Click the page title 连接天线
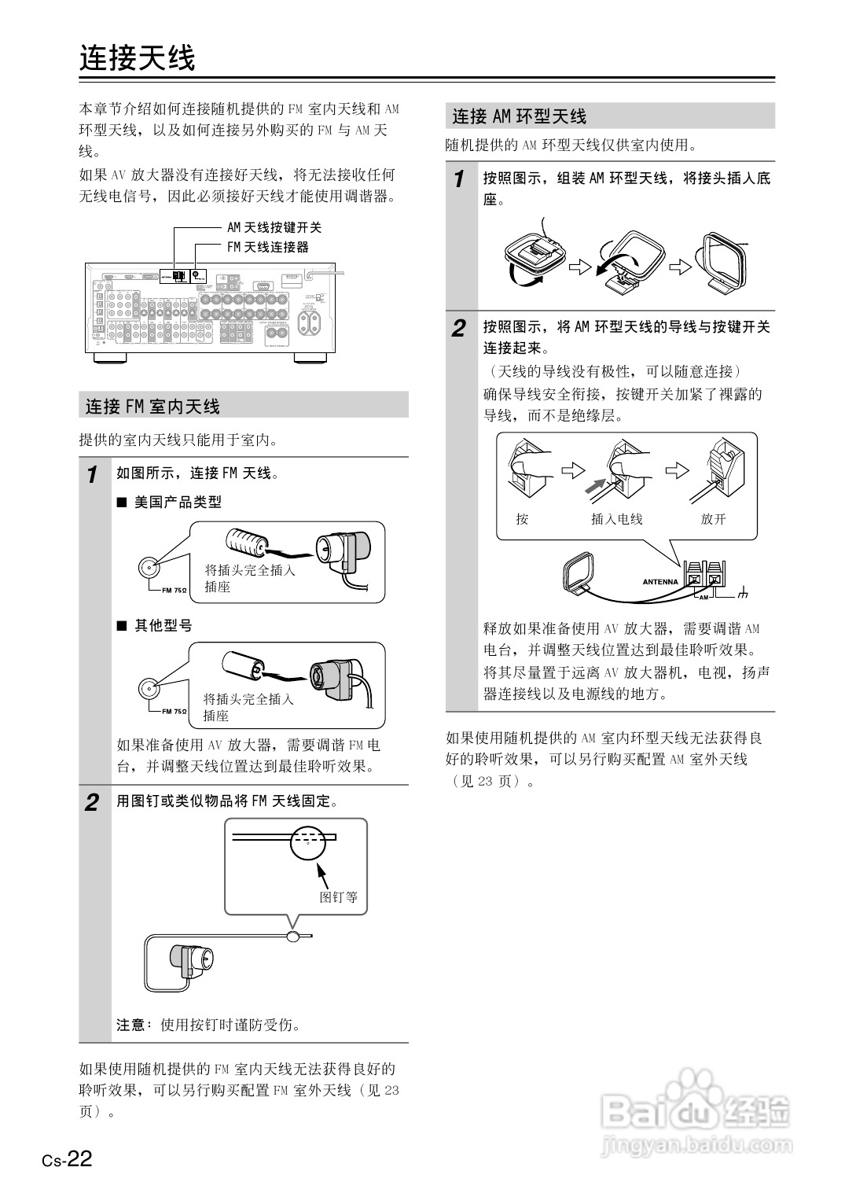click(x=137, y=57)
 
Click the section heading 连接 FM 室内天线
click(x=152, y=407)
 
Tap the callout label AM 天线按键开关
click(x=274, y=227)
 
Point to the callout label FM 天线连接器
click(x=268, y=247)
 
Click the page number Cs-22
click(x=68, y=1159)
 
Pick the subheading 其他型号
click(x=163, y=626)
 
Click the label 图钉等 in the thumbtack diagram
click(x=338, y=897)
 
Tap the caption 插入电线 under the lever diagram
click(x=617, y=519)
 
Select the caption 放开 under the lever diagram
click(x=713, y=519)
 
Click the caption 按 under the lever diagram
click(x=522, y=519)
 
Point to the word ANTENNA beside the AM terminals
click(x=660, y=582)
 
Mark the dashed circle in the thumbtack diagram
click(x=307, y=843)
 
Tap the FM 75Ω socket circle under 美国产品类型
click(x=149, y=567)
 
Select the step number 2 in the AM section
click(x=460, y=329)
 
